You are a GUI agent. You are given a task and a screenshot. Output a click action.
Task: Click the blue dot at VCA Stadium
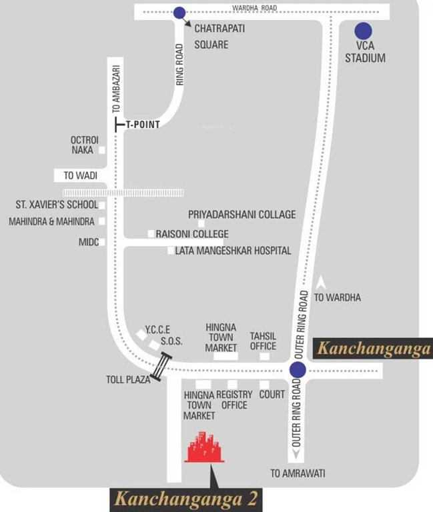pyautogui.click(x=363, y=31)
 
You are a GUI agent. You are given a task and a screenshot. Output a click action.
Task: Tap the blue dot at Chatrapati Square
pyautogui.click(x=179, y=13)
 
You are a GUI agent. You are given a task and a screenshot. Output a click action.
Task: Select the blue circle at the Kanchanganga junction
pyautogui.click(x=298, y=370)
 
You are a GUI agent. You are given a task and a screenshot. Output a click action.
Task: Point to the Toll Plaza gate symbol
pyautogui.click(x=161, y=367)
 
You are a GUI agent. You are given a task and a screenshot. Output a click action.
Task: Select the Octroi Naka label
pyautogui.click(x=84, y=145)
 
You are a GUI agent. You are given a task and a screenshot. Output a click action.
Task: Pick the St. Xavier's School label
pyautogui.click(x=56, y=205)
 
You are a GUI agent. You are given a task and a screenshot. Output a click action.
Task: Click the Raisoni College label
pyautogui.click(x=191, y=234)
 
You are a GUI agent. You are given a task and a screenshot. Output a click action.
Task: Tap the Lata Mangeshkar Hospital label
pyautogui.click(x=233, y=251)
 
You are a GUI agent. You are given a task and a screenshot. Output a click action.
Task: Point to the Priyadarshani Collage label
pyautogui.click(x=242, y=215)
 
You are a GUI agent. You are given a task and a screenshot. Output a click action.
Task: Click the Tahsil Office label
pyautogui.click(x=263, y=341)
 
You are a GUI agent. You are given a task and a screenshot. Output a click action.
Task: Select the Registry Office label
pyautogui.click(x=234, y=400)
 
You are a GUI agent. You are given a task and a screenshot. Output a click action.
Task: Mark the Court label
pyautogui.click(x=272, y=395)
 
